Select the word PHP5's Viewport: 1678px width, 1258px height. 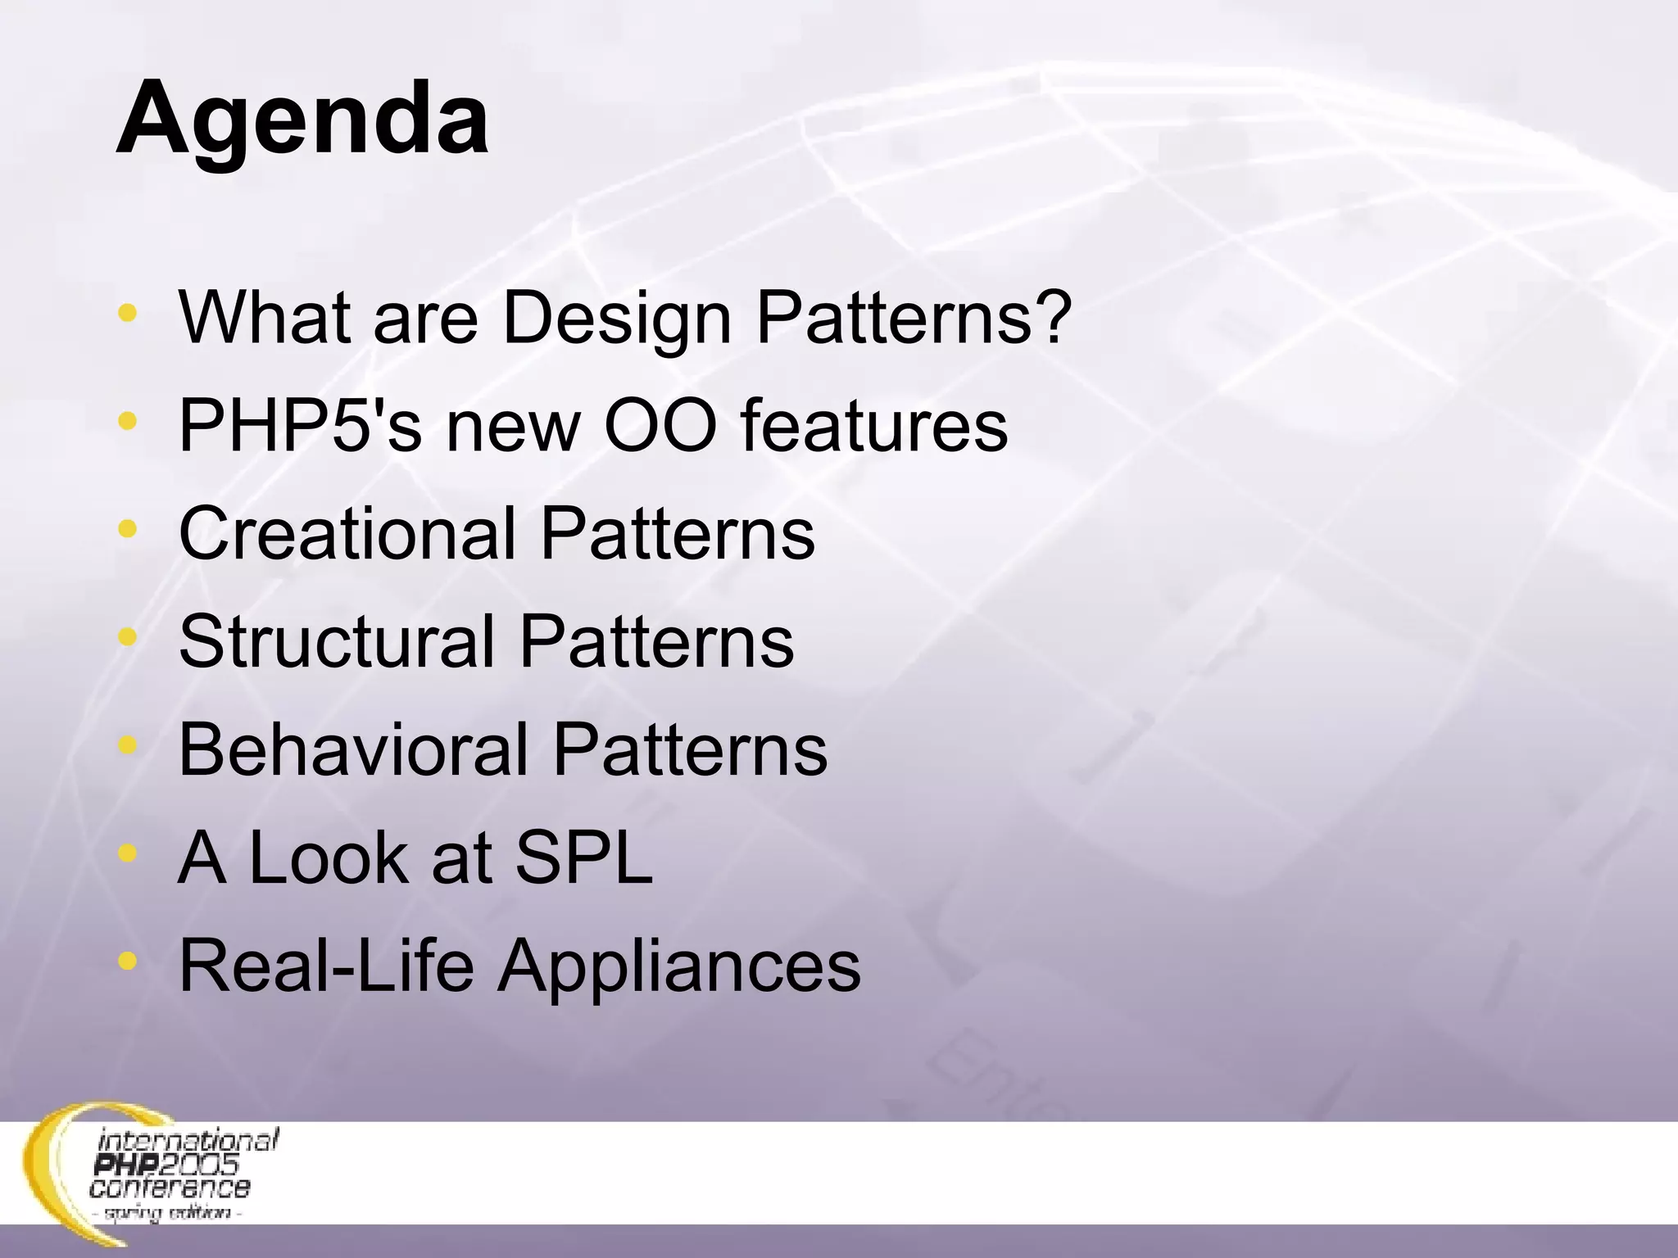(300, 425)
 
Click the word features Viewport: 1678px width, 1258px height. (874, 425)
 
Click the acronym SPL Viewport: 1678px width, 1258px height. (583, 858)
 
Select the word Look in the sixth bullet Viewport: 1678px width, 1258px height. (329, 858)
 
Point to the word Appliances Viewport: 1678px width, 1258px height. (679, 967)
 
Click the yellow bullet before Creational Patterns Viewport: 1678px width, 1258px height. (127, 529)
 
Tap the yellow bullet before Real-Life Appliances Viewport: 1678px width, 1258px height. (127, 961)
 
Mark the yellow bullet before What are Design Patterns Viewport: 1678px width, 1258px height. (127, 313)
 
